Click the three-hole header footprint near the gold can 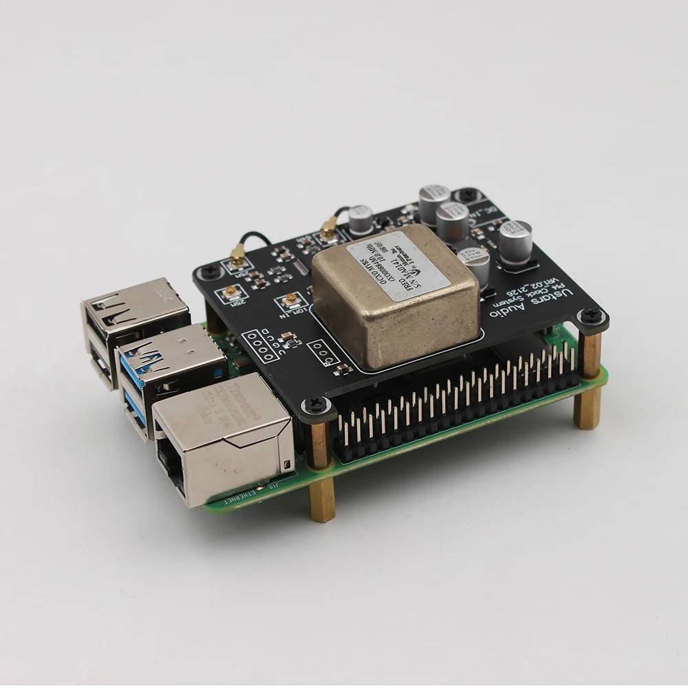(x=324, y=353)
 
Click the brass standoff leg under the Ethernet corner (x=323, y=499)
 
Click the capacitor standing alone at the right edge (x=515, y=241)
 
